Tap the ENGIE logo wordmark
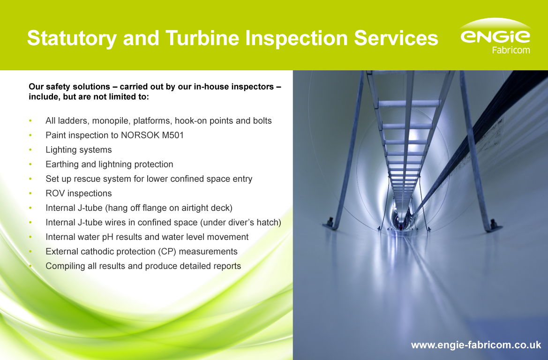coord(495,36)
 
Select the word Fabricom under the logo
coord(510,50)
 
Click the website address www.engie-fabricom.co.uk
coord(476,345)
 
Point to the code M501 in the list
coord(172,135)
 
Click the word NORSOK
coord(140,135)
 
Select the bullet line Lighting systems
coord(79,150)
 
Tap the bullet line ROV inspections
coord(79,194)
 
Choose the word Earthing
coord(63,165)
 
